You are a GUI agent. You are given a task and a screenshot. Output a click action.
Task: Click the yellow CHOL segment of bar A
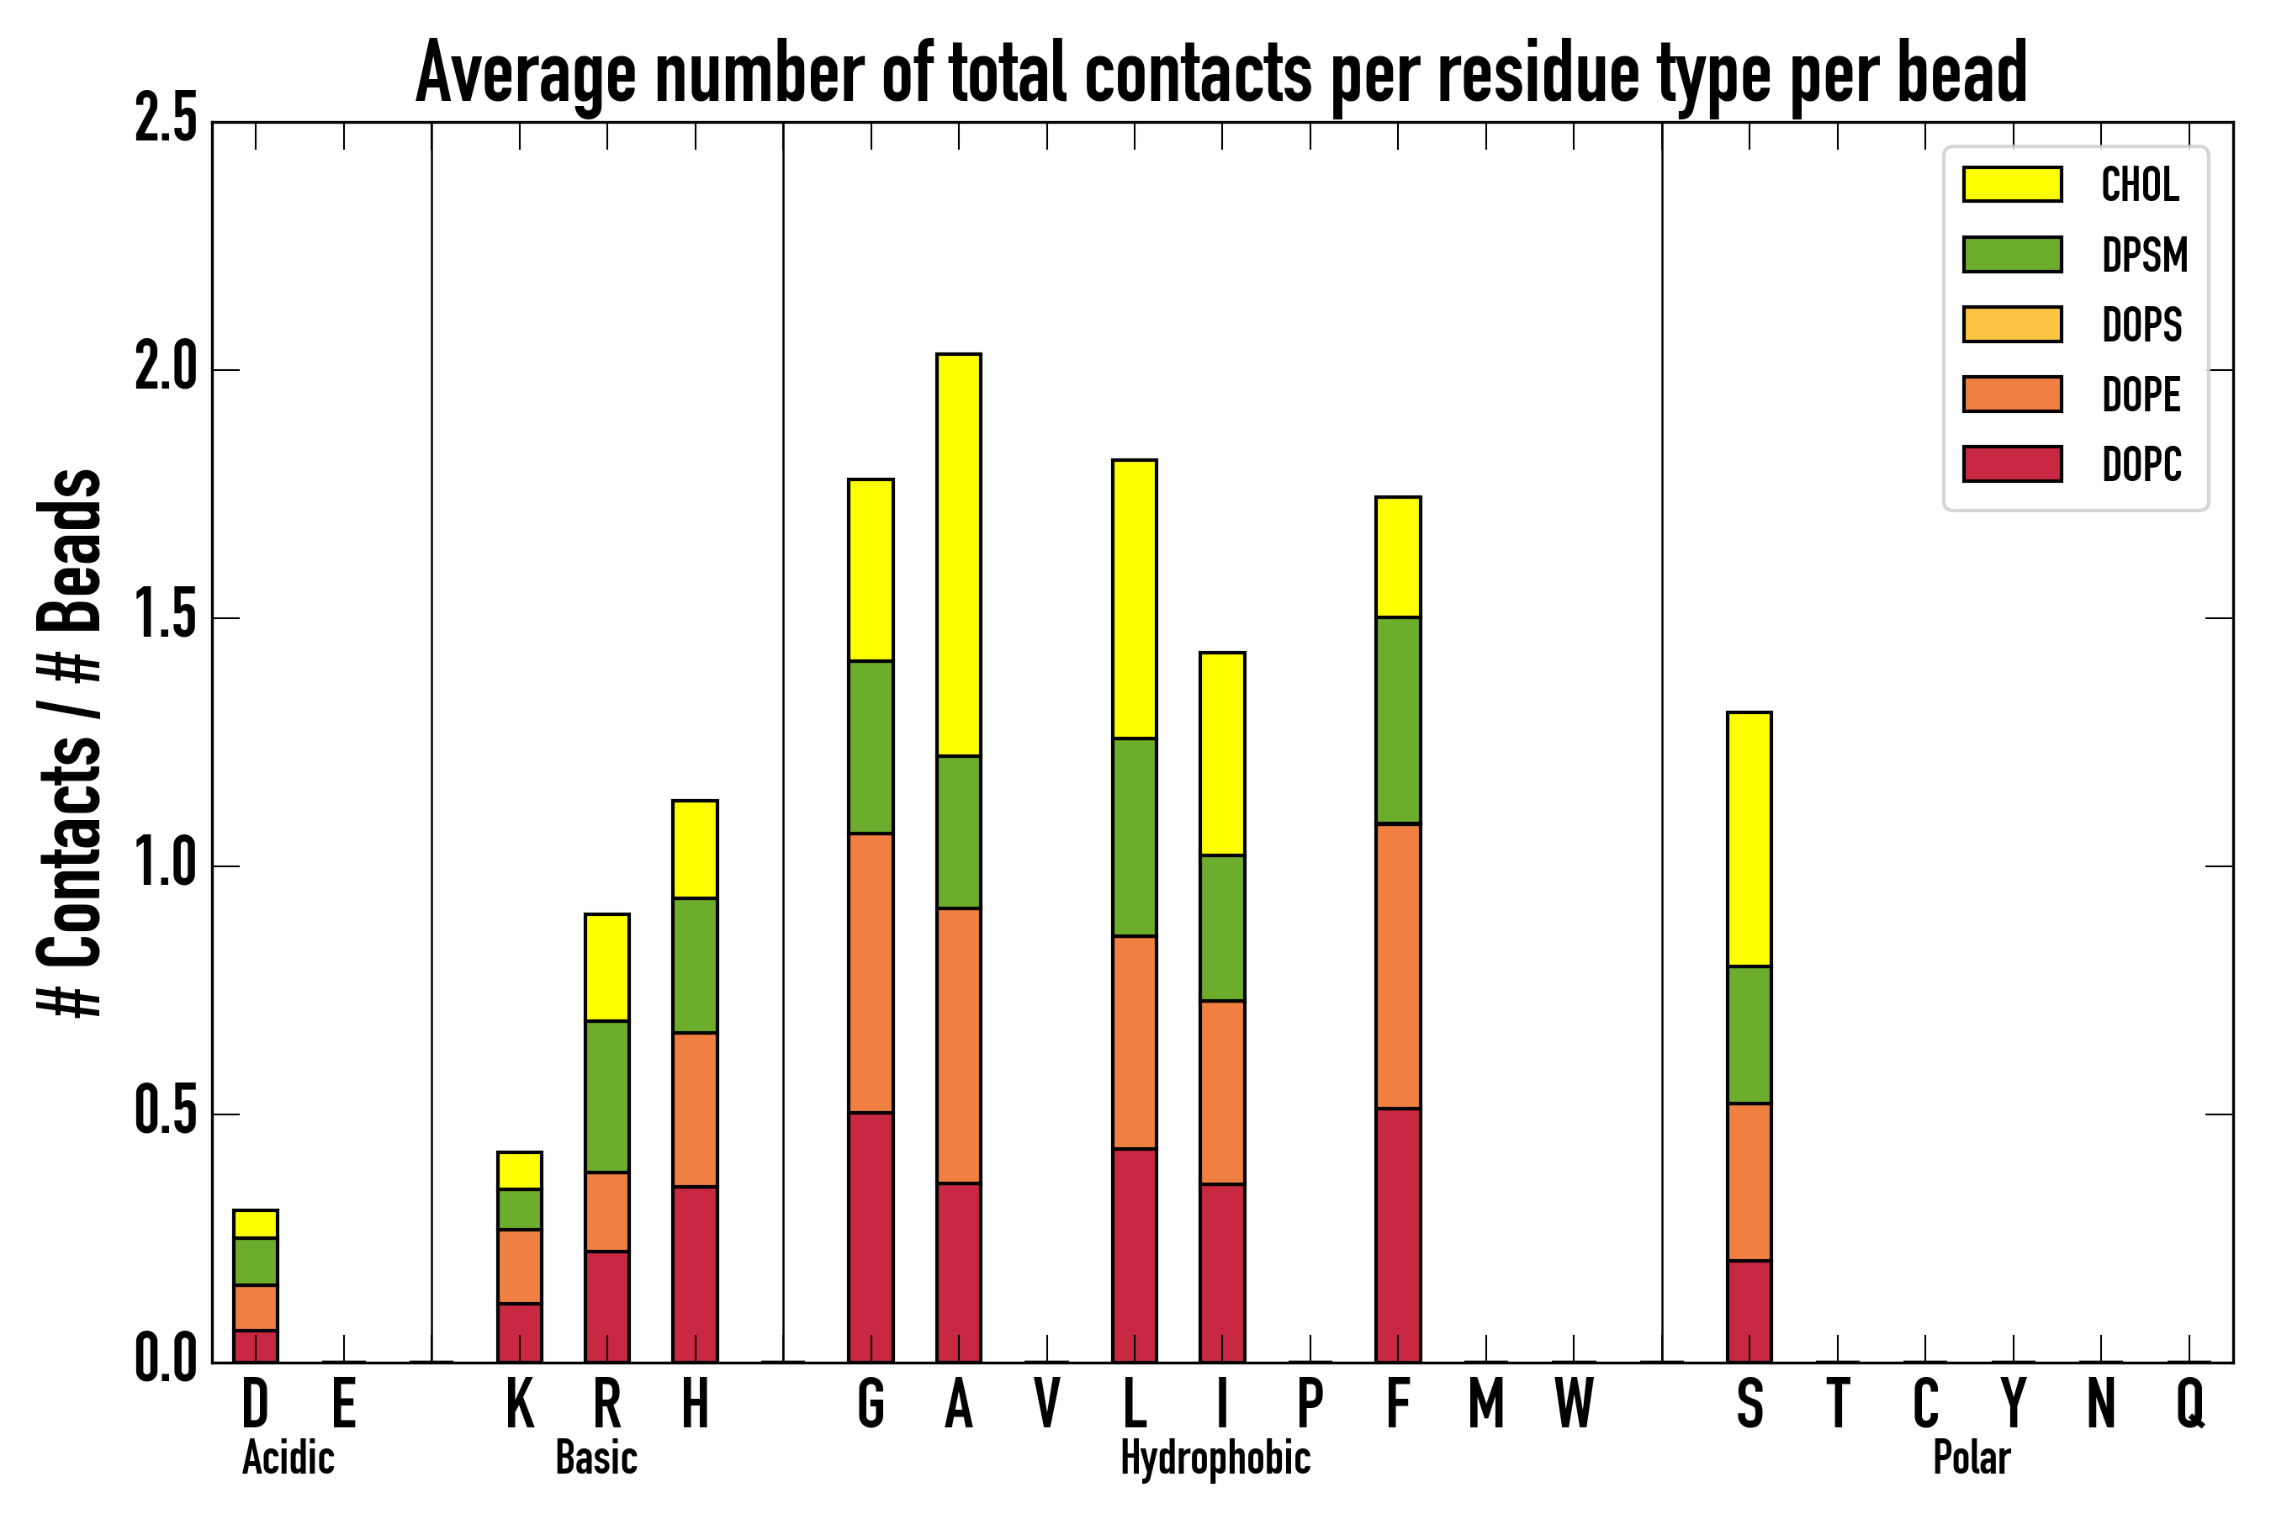point(958,555)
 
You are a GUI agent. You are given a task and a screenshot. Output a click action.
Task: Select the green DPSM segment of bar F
point(1397,720)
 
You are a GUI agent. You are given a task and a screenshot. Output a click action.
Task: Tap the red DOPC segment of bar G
point(870,1237)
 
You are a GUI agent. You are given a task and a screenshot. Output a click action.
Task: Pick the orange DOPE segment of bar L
point(1134,1042)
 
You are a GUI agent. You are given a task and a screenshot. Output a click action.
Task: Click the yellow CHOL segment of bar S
point(1749,839)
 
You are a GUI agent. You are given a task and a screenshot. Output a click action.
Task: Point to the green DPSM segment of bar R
point(606,1096)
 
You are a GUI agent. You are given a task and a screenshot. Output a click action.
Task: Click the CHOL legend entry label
point(2140,184)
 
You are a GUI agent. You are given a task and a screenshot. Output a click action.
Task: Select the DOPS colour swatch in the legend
point(2012,324)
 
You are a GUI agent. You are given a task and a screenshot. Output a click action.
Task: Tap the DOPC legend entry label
point(2141,464)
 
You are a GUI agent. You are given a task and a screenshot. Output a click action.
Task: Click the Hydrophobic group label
point(1215,1458)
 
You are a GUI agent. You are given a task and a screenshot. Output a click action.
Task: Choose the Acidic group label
point(288,1458)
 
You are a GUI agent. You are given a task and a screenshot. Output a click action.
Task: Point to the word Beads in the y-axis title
point(70,550)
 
